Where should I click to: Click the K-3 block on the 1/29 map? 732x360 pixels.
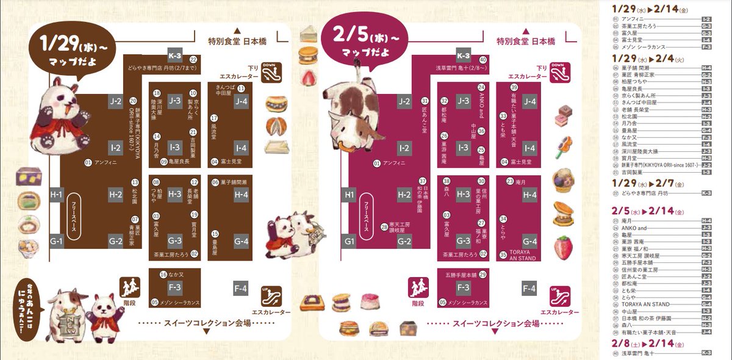[x=176, y=54]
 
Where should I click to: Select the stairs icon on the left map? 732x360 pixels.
[x=127, y=286]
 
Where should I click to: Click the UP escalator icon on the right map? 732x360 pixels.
[x=555, y=295]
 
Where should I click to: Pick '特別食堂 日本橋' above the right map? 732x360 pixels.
[x=525, y=41]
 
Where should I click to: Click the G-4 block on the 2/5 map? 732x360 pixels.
[x=529, y=241]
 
